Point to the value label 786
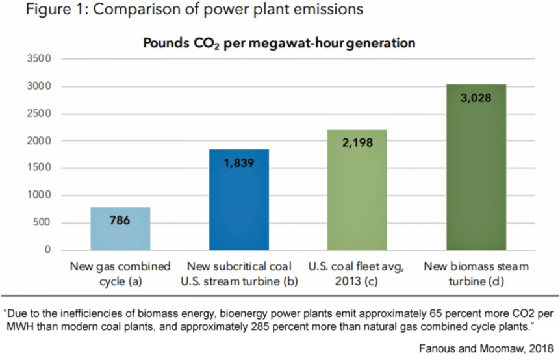(x=120, y=221)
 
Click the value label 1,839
(x=239, y=163)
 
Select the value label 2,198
(x=357, y=142)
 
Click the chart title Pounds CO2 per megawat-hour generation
(x=279, y=44)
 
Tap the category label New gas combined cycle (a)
(x=120, y=273)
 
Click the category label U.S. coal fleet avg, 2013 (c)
(x=357, y=273)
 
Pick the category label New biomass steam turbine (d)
(x=476, y=273)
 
